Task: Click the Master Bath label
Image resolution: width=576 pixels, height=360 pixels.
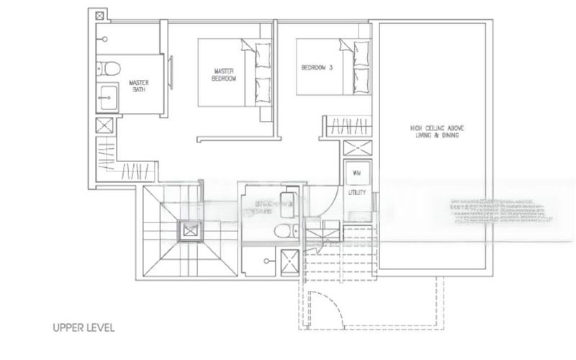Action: click(x=138, y=86)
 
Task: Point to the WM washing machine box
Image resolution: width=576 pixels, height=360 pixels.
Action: click(x=356, y=174)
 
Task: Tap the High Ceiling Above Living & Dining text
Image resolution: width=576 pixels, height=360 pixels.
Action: click(x=434, y=132)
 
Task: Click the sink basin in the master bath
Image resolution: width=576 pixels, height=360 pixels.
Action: click(x=107, y=94)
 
